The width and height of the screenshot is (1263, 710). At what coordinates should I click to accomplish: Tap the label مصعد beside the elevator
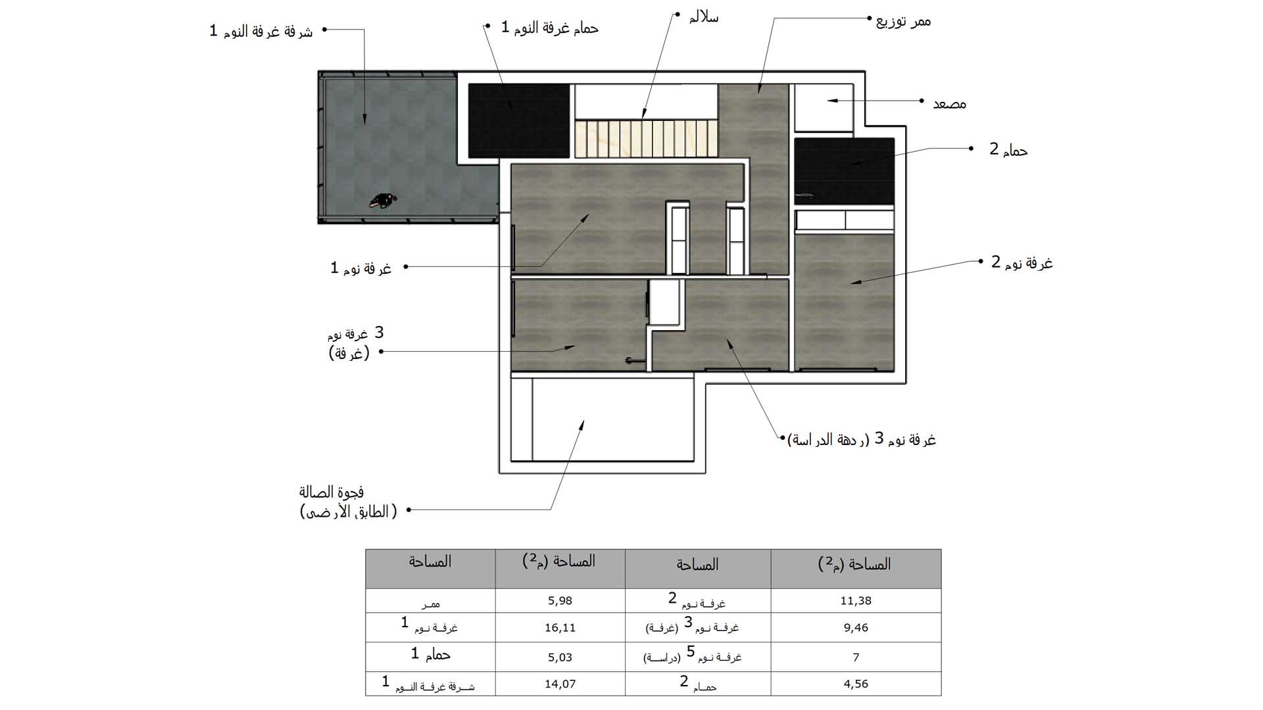(949, 104)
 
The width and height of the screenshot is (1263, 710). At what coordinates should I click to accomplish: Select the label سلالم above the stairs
(703, 18)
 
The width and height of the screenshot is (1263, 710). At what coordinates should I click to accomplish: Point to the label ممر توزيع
(903, 21)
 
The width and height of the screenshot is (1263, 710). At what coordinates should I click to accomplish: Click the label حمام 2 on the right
(1008, 150)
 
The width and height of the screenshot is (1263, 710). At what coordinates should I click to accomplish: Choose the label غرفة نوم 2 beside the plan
(1022, 262)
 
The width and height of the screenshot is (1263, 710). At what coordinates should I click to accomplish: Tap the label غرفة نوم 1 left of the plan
(360, 268)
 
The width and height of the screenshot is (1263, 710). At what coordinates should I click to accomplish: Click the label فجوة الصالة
(332, 492)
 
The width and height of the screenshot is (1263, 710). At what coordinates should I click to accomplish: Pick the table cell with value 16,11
(560, 628)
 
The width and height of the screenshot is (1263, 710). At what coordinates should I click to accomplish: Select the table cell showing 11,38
(856, 601)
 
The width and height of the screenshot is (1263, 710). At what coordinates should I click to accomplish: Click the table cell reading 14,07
(560, 684)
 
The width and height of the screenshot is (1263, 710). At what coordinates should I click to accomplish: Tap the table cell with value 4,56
(856, 684)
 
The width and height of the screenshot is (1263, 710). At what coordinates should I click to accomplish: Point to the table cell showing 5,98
(560, 601)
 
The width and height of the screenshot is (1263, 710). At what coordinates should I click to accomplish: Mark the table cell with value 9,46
(856, 628)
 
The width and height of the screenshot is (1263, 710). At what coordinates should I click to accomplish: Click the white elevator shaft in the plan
(824, 107)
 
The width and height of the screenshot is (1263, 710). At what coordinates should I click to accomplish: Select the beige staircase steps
(645, 138)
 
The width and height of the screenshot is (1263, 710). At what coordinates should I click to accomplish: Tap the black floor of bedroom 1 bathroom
(518, 120)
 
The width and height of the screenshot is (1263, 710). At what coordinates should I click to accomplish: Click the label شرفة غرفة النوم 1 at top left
(261, 31)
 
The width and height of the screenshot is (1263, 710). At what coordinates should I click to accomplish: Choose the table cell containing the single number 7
(856, 657)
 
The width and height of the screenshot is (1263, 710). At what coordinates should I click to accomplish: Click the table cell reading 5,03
(560, 657)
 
